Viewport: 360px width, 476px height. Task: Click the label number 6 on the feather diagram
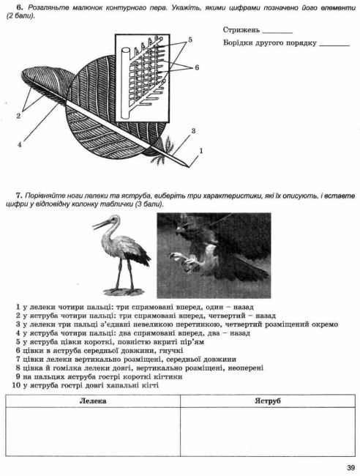pyautogui.click(x=197, y=67)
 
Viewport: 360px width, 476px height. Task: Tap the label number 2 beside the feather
pyautogui.click(x=20, y=115)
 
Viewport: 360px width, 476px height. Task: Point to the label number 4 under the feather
pyautogui.click(x=20, y=144)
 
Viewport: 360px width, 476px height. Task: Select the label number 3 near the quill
pyautogui.click(x=192, y=131)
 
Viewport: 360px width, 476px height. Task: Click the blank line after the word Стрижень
pyautogui.click(x=276, y=33)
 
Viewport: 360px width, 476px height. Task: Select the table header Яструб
pyautogui.click(x=268, y=401)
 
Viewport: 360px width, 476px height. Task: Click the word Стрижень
pyautogui.click(x=241, y=31)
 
